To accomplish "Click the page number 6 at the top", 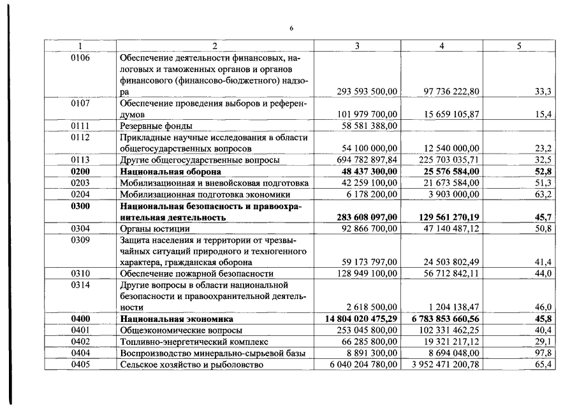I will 291,28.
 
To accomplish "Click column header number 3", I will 357,47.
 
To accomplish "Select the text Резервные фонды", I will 156,126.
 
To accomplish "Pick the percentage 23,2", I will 543,149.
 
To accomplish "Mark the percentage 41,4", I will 543,262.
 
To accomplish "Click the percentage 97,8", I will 543,353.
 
